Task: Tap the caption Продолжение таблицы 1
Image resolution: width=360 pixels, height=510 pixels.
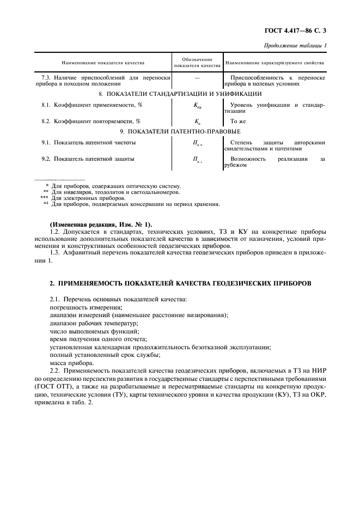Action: click(296, 46)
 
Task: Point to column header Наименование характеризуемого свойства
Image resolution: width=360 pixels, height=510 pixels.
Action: click(274, 63)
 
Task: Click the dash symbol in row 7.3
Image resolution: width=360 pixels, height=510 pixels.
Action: click(197, 78)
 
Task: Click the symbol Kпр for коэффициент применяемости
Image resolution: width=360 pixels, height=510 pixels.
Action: click(197, 106)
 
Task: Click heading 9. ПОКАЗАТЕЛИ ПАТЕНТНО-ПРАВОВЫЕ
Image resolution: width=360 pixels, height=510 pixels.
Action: click(180, 131)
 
